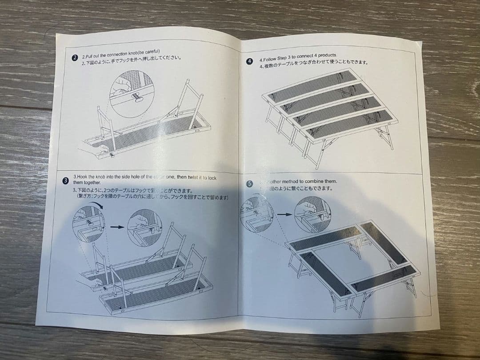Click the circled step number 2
pos(75,58)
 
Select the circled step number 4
pos(250,61)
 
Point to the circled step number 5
pos(249,184)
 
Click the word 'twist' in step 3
pos(194,177)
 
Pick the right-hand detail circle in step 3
pos(144,227)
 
